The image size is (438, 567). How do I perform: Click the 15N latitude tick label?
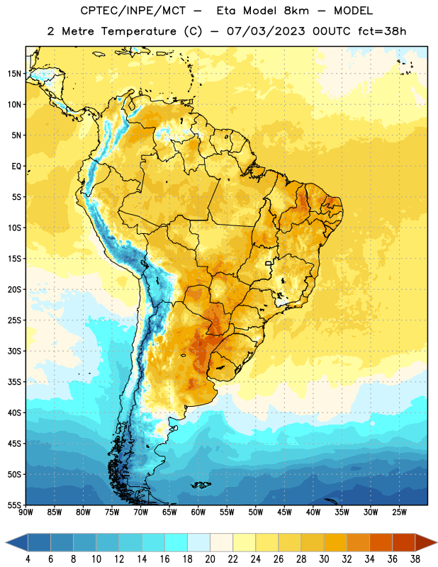pos(14,74)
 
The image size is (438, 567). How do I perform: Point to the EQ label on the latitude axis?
pos(16,167)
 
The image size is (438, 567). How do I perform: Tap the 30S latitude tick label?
pos(14,351)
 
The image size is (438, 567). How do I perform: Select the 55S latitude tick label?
pos(14,505)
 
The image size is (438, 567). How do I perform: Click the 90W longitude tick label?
pos(26,512)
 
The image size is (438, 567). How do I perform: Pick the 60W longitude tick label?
pos(198,512)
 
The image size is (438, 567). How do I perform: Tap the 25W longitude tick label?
pos(399,512)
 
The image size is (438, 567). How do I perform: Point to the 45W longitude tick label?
pos(284,512)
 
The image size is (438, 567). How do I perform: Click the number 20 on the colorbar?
pos(210,559)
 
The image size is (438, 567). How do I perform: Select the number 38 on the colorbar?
pos(415,559)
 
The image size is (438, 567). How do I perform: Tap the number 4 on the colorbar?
pos(28,559)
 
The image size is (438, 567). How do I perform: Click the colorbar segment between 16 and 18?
pos(176,542)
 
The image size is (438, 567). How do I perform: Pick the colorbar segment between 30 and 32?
pos(336,542)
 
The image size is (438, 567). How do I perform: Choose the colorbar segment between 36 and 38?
pos(404,542)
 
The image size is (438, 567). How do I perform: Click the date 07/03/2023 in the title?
pos(266,31)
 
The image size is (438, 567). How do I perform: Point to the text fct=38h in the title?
pos(382,31)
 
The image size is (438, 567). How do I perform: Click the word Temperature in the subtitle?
pos(139,31)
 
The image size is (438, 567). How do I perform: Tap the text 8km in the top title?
pos(296,11)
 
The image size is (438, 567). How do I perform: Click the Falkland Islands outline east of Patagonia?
pos(201,485)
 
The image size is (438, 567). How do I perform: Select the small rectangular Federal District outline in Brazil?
pos(269,263)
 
